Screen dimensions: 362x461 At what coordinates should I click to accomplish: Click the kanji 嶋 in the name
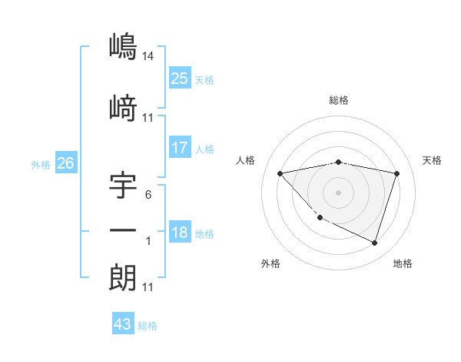click(123, 47)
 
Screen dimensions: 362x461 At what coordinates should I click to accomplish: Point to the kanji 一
click(123, 231)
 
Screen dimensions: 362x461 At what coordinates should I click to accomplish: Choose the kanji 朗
click(123, 278)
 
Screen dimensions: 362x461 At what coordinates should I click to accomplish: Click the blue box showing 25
click(179, 78)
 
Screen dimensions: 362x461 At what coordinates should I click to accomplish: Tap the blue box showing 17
click(179, 147)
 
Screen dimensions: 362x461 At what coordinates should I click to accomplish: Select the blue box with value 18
click(179, 233)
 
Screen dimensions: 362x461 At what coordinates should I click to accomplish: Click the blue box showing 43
click(122, 324)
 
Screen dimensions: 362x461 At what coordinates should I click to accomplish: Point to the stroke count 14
click(149, 56)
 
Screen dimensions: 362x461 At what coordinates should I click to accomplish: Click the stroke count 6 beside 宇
click(148, 195)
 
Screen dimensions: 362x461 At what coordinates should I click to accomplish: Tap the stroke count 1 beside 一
click(149, 241)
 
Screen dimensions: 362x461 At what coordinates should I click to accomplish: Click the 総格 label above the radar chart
click(338, 100)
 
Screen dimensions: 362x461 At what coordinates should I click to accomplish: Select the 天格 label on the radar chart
click(433, 160)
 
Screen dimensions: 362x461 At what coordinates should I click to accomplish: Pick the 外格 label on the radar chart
click(270, 264)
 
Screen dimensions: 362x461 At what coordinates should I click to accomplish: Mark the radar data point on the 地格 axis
click(374, 243)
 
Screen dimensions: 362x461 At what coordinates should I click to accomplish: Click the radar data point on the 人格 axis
click(280, 173)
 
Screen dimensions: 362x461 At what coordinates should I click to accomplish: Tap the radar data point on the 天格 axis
click(396, 173)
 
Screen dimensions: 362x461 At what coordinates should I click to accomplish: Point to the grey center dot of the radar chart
click(338, 192)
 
